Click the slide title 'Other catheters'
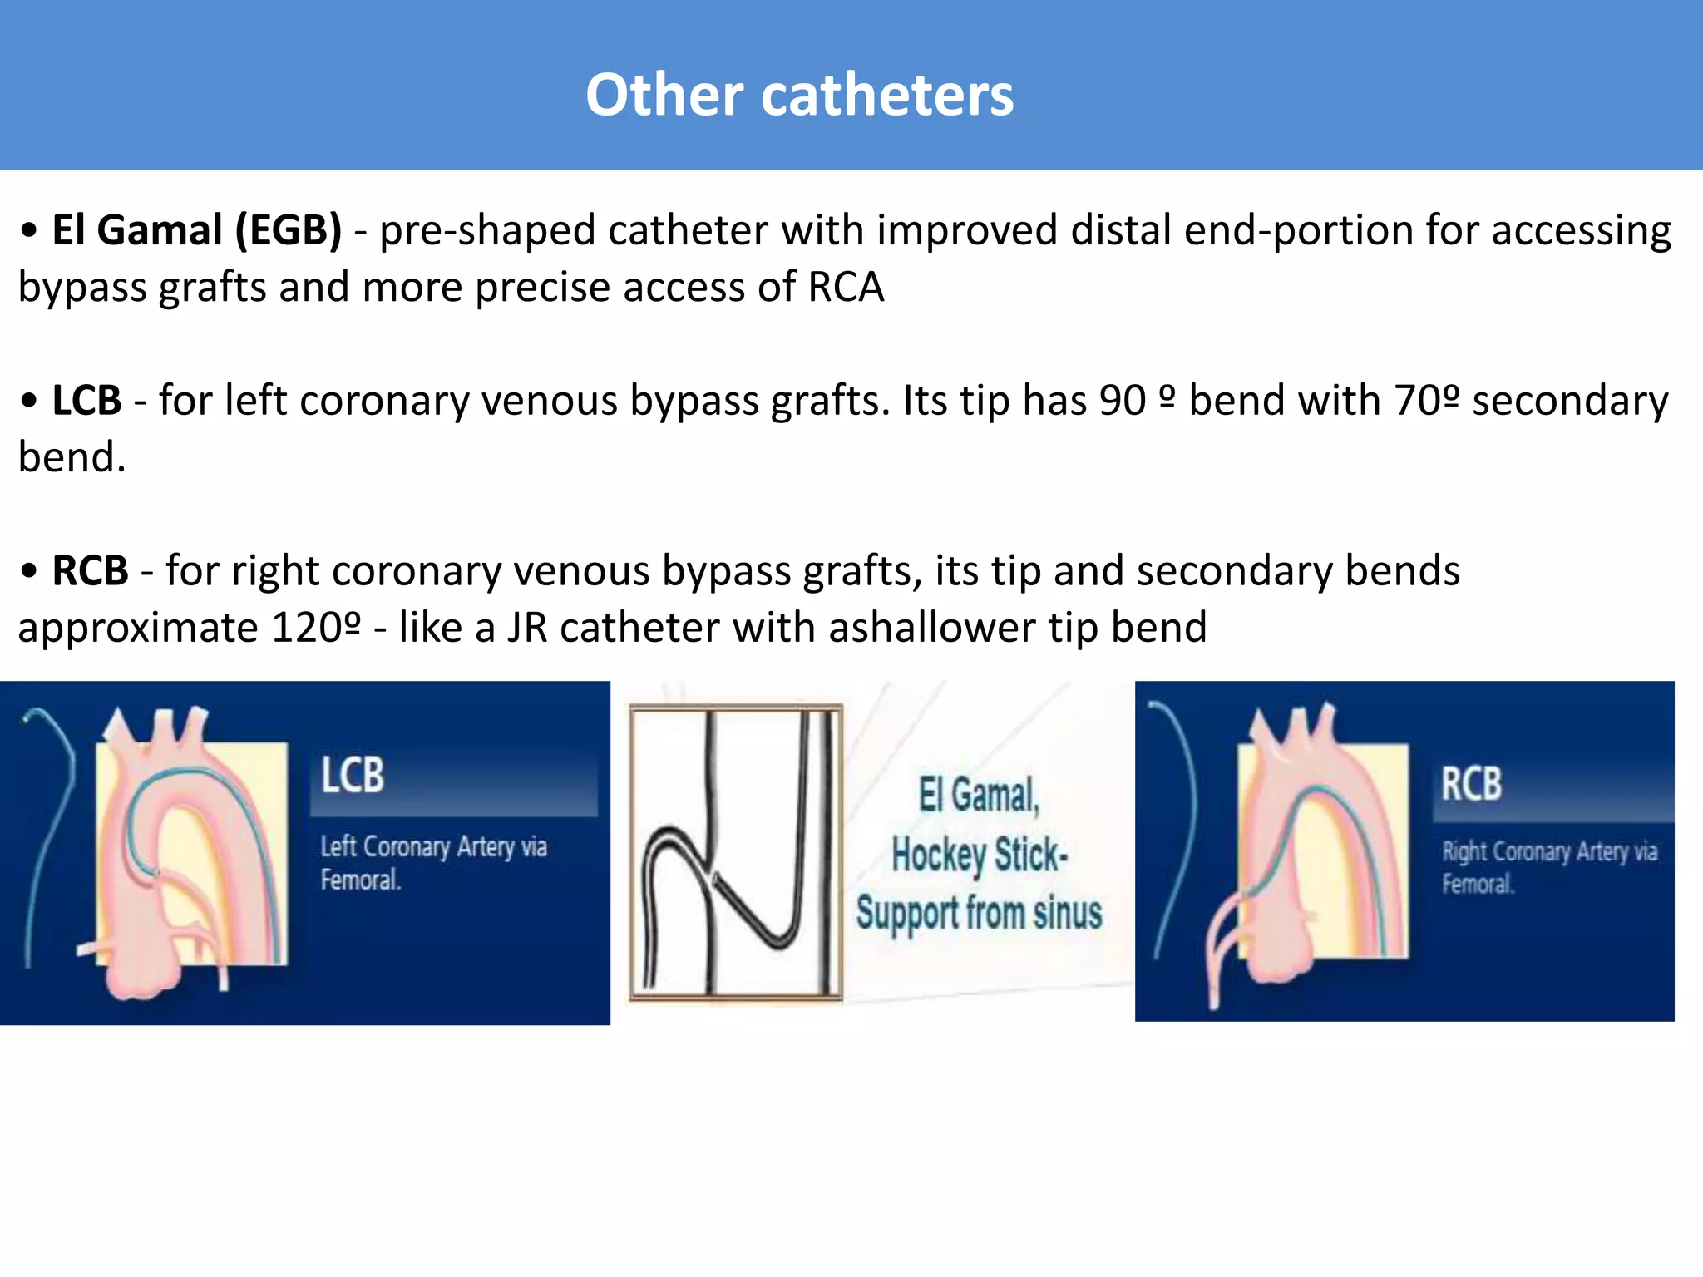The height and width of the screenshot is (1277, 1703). point(799,95)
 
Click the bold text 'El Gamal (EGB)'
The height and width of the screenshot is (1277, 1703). point(196,230)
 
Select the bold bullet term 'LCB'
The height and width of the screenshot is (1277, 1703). point(86,401)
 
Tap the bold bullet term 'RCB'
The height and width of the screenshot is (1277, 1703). point(90,571)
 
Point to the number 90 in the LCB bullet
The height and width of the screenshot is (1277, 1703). point(1122,401)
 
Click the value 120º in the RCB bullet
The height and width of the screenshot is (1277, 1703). point(316,628)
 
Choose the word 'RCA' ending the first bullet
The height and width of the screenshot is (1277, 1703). point(846,288)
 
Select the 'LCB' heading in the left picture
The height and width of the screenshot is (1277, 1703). point(353,776)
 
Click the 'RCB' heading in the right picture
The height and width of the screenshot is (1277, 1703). point(1471,784)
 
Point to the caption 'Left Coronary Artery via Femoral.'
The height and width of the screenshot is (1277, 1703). point(433,863)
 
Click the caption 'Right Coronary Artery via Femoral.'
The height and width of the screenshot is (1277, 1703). point(1549,867)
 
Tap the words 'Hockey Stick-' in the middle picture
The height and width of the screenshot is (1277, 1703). point(979,855)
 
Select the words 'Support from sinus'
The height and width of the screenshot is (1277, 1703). point(979,913)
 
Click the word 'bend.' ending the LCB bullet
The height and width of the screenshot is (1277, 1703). point(72,457)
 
